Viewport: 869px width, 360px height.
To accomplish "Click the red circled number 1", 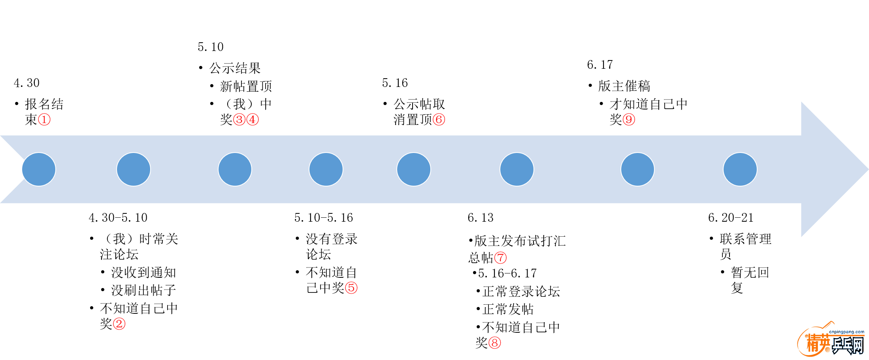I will tap(44, 119).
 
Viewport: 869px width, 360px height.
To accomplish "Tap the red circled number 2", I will tap(119, 324).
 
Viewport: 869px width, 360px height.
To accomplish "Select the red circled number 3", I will tap(239, 119).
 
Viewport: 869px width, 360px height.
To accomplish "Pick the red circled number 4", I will tap(253, 119).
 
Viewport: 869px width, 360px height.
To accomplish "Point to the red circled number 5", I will tap(351, 288).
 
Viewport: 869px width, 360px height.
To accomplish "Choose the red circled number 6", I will tap(439, 119).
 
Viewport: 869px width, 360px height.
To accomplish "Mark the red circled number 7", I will tap(501, 258).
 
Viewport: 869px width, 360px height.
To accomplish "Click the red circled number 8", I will tap(495, 343).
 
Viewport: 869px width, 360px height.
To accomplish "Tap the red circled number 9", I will tap(629, 119).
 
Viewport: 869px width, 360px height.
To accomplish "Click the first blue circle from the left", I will tap(39, 169).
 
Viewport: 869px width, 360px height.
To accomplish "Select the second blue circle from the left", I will tap(134, 169).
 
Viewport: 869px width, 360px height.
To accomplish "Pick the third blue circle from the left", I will tap(235, 169).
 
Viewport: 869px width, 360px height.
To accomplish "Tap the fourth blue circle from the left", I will tap(326, 169).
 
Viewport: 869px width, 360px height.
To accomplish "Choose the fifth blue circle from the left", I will tap(414, 169).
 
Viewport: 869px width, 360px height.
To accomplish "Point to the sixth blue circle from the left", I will tap(517, 169).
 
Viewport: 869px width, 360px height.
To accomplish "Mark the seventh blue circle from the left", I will tap(638, 169).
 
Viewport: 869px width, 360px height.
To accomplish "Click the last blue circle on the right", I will tap(740, 169).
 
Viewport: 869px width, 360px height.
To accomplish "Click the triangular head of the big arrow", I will tap(830, 169).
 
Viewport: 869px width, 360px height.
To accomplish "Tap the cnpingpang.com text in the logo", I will tap(846, 332).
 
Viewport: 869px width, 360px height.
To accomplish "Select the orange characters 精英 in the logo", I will tap(818, 344).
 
